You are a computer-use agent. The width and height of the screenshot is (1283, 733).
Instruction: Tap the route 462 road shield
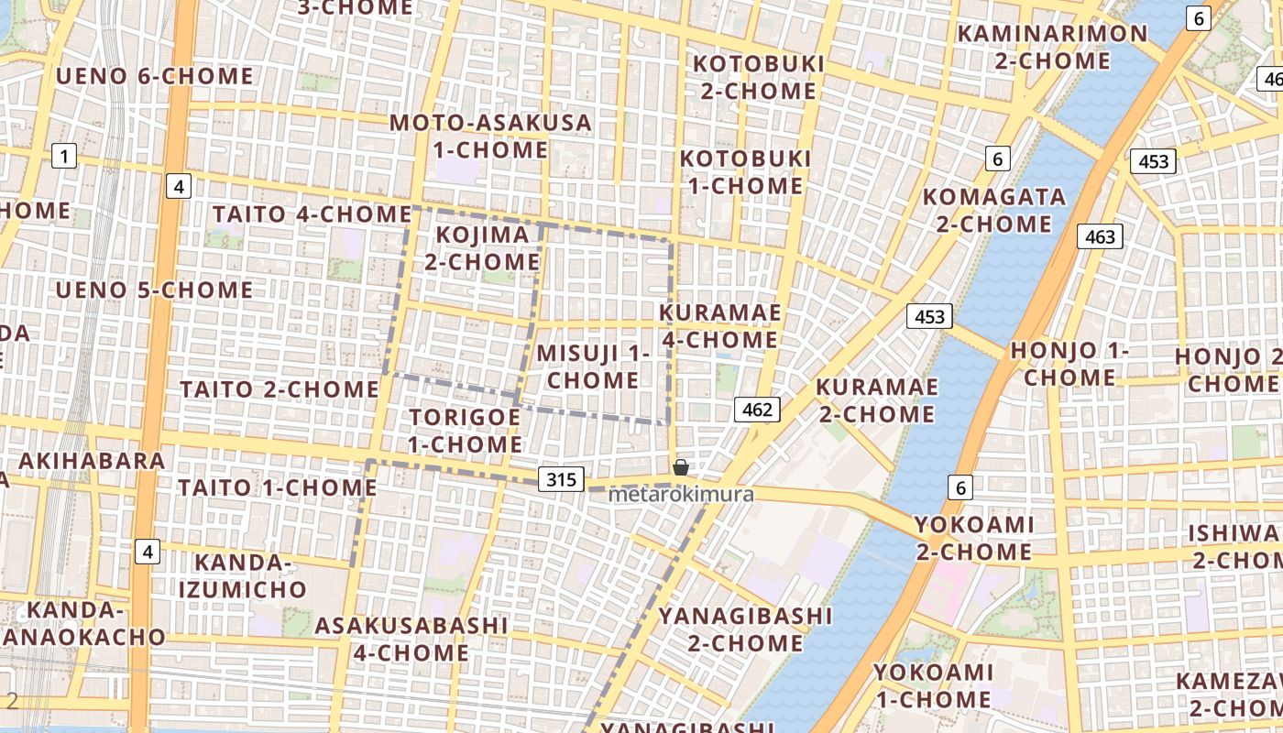(758, 410)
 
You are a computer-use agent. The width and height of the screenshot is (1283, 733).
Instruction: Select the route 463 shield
(1100, 237)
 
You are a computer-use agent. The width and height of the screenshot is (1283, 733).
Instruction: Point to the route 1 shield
(63, 157)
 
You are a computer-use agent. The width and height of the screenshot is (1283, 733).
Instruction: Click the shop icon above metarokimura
(681, 467)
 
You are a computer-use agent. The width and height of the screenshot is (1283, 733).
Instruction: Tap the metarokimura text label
(681, 495)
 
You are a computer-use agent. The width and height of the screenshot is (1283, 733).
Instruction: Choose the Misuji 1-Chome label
(593, 366)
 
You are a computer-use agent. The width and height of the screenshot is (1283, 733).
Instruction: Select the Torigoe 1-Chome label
(465, 431)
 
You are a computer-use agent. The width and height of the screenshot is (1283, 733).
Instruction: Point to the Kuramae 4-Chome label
(720, 326)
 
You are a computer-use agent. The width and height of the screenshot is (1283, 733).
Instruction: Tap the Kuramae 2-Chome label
(876, 400)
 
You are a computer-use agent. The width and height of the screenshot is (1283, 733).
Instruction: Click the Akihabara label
(92, 460)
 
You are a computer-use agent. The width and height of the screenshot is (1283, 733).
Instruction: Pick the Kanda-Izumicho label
(242, 575)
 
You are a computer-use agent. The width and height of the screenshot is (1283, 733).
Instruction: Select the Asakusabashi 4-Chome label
(411, 639)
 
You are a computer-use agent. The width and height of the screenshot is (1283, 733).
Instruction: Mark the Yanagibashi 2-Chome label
(745, 629)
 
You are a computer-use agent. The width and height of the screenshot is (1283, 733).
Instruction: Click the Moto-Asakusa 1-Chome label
(491, 136)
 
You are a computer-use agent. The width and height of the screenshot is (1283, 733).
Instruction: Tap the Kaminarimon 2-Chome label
(1052, 48)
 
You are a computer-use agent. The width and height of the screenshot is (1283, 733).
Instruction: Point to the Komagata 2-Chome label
(994, 210)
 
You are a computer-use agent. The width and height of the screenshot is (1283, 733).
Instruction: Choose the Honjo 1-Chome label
(1069, 364)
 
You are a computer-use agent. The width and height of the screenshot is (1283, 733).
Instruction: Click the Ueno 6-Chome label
(155, 76)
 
